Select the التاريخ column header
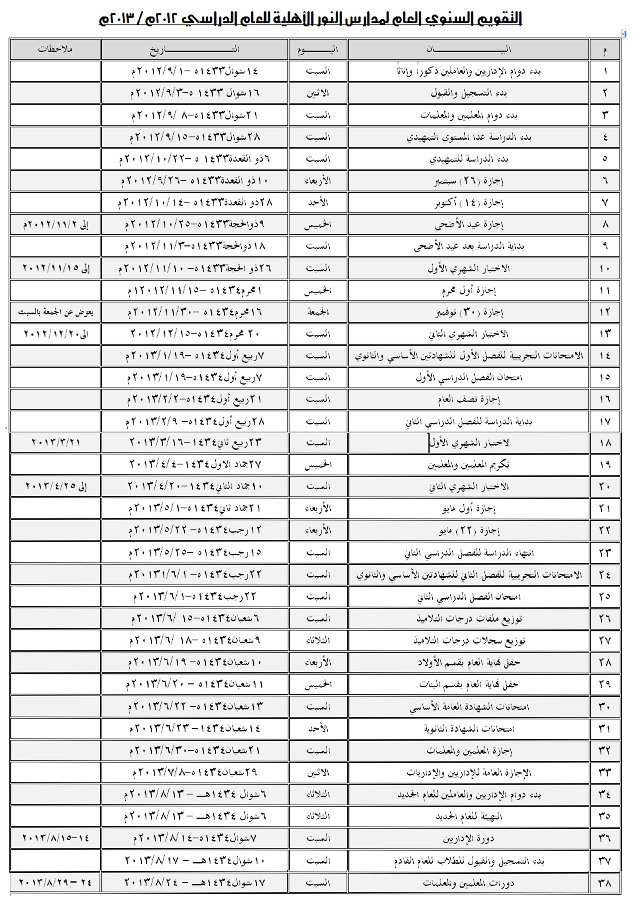click(194, 49)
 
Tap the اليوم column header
click(318, 49)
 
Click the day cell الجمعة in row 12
click(318, 312)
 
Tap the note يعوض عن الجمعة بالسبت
click(55, 312)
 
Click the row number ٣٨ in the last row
click(605, 883)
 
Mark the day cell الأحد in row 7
click(318, 202)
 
